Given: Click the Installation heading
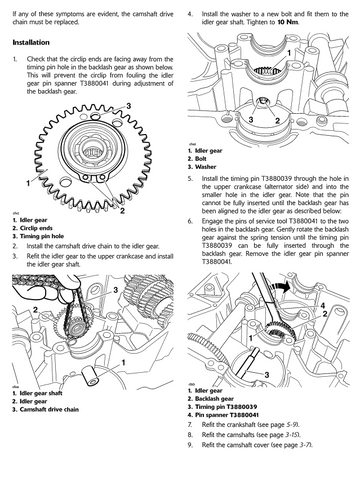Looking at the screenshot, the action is [31, 42].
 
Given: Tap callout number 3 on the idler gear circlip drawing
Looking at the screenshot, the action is [128, 106].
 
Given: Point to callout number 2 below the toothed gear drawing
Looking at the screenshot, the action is [122, 211].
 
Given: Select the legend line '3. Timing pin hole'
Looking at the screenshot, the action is [38, 236].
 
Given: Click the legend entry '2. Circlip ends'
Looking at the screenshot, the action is [33, 228].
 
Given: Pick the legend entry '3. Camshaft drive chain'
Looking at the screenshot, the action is [46, 409].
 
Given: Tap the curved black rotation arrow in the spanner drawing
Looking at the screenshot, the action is [279, 287].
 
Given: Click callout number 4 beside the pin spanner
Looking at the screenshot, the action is [322, 305].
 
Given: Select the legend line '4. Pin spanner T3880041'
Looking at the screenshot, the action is [223, 415].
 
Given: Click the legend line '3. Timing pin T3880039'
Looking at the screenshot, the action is [222, 407].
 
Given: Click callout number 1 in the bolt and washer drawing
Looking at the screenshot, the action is [289, 53].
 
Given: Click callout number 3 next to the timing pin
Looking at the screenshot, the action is [267, 375].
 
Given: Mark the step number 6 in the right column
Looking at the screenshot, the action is [190, 221].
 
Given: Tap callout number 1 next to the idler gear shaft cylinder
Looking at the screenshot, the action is [123, 362].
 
